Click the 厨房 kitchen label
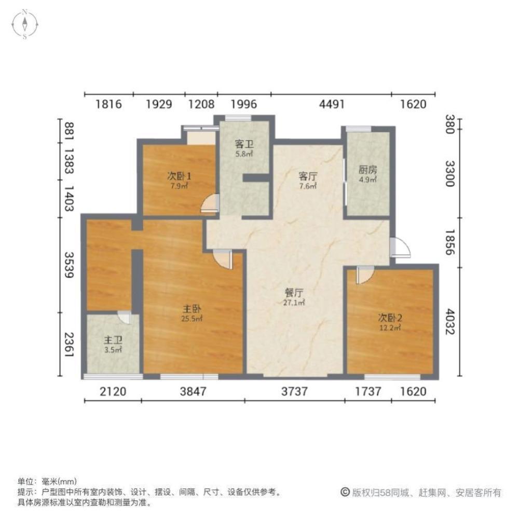pyautogui.click(x=367, y=170)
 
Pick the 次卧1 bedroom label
pyautogui.click(x=179, y=176)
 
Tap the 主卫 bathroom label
pyautogui.click(x=113, y=340)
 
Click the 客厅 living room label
pyautogui.click(x=308, y=176)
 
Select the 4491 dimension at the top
pyautogui.click(x=332, y=104)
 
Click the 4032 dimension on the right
pyautogui.click(x=449, y=322)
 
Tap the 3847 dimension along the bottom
pyautogui.click(x=194, y=392)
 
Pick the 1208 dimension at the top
pyautogui.click(x=201, y=104)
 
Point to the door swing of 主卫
pyautogui.click(x=125, y=317)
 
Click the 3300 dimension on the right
pyautogui.click(x=449, y=174)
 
